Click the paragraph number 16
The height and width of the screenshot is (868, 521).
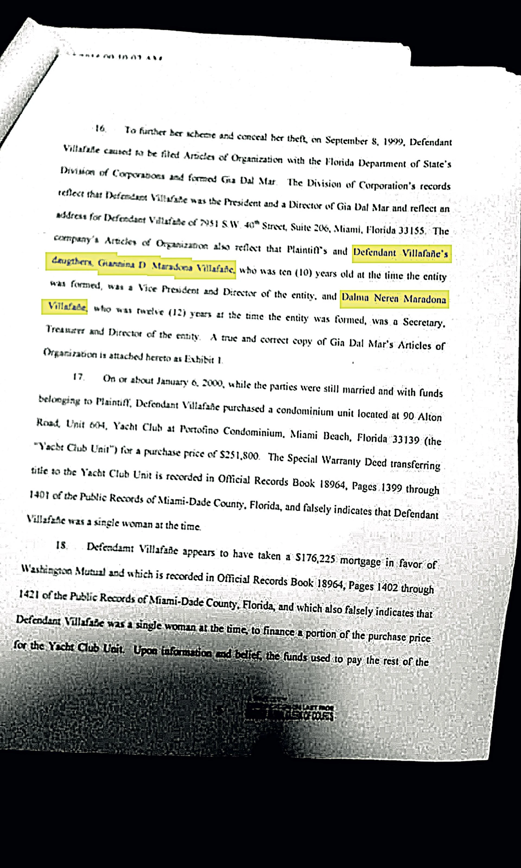100,129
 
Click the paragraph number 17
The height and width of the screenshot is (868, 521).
78,377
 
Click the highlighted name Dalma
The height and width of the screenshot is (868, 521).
355,298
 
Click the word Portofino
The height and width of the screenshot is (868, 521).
199,429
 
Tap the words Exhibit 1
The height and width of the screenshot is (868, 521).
204,359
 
